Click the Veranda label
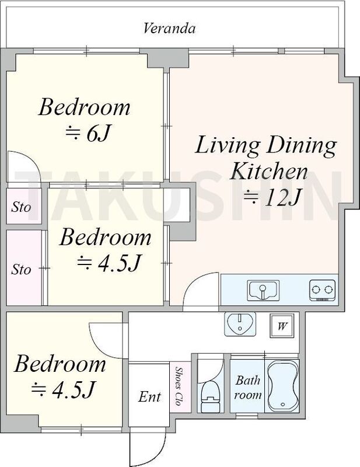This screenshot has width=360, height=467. pyautogui.click(x=169, y=28)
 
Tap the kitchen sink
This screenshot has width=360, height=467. pyautogui.click(x=263, y=290)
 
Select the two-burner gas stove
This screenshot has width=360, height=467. pyautogui.click(x=323, y=290)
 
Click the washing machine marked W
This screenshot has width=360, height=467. pyautogui.click(x=282, y=326)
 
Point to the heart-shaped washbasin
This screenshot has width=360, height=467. pyautogui.click(x=240, y=324)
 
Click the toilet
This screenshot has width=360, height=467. pyautogui.click(x=210, y=396)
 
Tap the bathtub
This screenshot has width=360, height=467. pyautogui.click(x=283, y=386)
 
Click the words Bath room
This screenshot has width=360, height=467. pyautogui.click(x=247, y=388)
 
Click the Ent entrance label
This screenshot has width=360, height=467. pyautogui.click(x=149, y=397)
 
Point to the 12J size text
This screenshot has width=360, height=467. pyautogui.click(x=271, y=198)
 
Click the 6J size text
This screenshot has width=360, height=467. pyautogui.click(x=88, y=134)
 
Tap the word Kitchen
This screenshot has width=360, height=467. pyautogui.click(x=268, y=172)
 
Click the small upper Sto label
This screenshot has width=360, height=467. pyautogui.click(x=21, y=207)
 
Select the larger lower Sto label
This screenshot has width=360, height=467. pyautogui.click(x=21, y=270)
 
